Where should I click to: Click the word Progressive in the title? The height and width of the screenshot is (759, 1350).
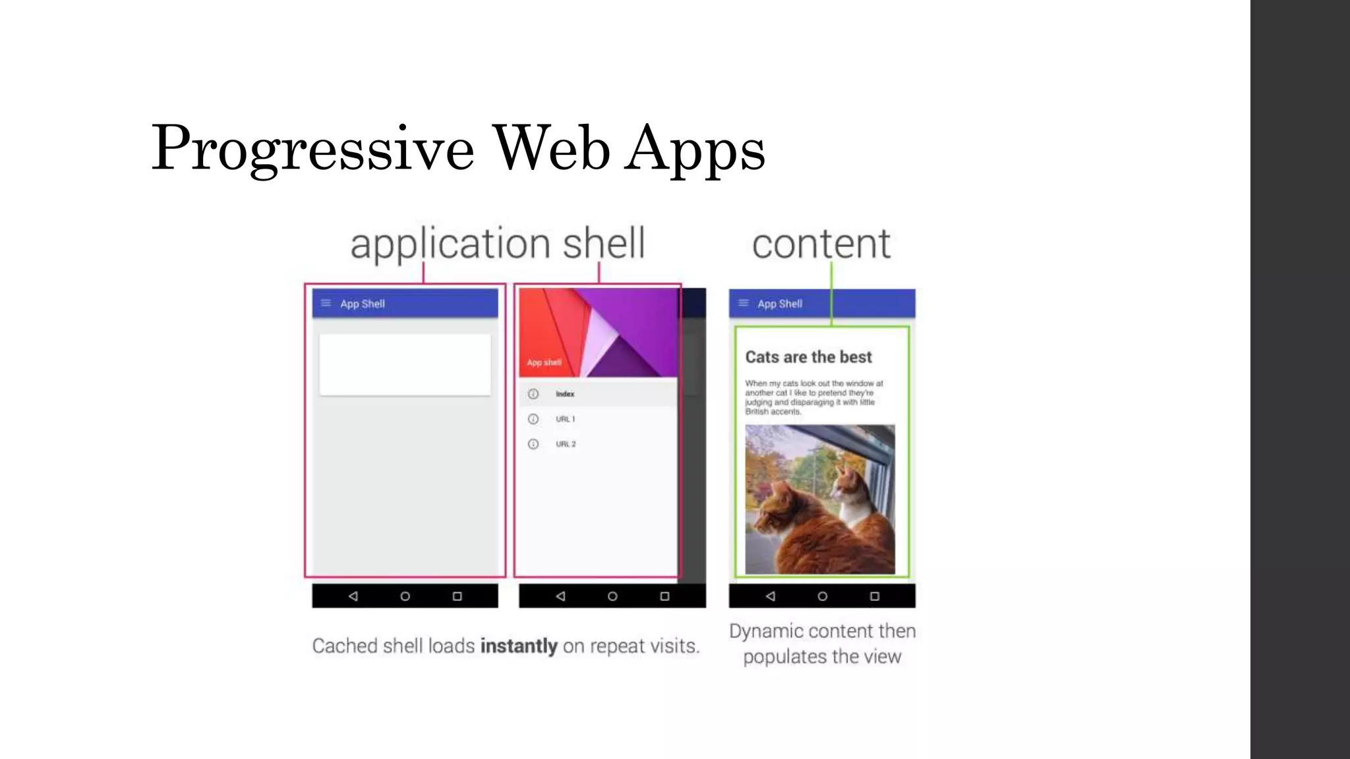point(312,149)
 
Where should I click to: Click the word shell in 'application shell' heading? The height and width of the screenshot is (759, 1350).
point(603,243)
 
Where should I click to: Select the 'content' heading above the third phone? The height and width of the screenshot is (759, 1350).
point(821,244)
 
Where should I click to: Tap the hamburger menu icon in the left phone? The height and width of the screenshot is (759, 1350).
point(326,303)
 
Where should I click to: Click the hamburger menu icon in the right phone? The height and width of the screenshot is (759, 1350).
point(743,303)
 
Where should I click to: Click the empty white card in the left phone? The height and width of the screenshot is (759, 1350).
point(405,364)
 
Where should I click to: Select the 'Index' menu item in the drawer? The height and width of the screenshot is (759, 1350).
point(564,394)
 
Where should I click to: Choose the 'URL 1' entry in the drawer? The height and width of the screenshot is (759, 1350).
point(565,419)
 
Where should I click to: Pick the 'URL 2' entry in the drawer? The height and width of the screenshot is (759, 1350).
point(565,444)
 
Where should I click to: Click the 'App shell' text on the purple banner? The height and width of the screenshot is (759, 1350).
point(544,362)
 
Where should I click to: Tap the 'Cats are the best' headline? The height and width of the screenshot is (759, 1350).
point(808,357)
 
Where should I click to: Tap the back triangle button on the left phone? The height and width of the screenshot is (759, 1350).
point(353,596)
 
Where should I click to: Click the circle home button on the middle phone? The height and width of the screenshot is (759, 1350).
point(612,596)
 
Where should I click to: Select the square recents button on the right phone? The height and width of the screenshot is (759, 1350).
point(875,596)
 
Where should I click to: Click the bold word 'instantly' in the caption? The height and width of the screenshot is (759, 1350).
point(519,646)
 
